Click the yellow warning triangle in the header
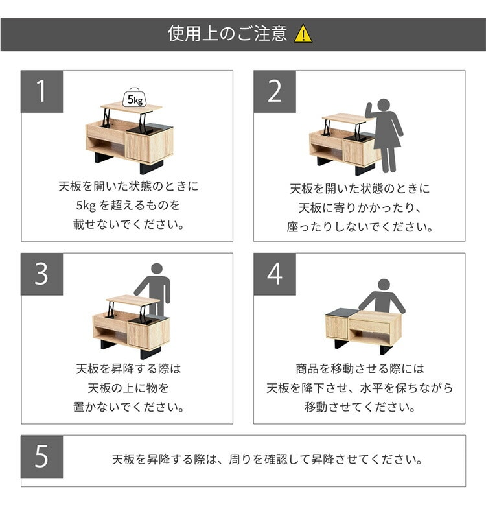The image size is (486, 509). click(x=303, y=34)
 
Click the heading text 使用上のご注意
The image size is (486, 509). click(x=227, y=34)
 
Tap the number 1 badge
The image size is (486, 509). click(x=42, y=91)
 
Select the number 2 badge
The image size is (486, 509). click(x=275, y=91)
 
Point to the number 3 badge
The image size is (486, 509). click(x=42, y=274)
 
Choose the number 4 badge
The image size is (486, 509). click(x=275, y=274)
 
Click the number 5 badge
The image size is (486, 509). click(x=42, y=456)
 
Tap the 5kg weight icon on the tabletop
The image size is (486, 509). click(x=134, y=97)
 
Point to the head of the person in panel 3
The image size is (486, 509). click(x=157, y=269)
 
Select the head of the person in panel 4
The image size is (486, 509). click(x=384, y=285)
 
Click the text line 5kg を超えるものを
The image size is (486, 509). click(x=128, y=206)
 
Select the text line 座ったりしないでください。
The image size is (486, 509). click(x=360, y=227)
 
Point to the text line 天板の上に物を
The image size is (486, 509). click(x=128, y=388)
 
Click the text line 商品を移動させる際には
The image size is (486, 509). click(x=360, y=369)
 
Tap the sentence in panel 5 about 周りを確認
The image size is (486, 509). click(x=268, y=460)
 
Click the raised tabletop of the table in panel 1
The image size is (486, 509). click(x=131, y=107)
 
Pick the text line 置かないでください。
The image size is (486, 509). click(x=128, y=407)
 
